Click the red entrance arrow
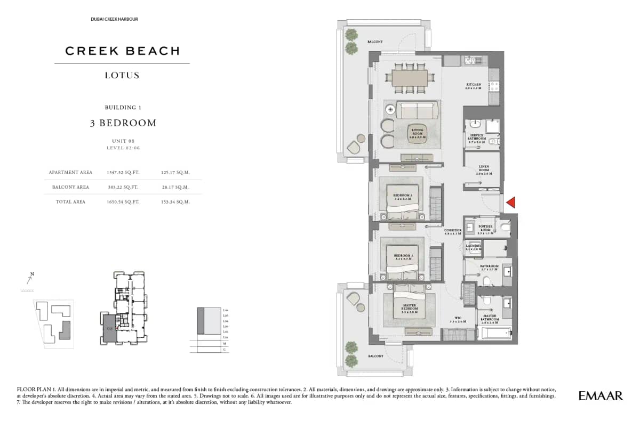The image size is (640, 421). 510,202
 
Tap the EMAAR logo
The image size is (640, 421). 601,395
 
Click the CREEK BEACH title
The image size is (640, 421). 122,51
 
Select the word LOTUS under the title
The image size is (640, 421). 122,75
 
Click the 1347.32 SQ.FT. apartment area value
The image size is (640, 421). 123,173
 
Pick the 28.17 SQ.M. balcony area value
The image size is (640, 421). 175,187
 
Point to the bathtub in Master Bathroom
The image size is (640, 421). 495,334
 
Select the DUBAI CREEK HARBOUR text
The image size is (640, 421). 115,19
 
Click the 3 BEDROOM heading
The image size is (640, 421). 123,123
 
